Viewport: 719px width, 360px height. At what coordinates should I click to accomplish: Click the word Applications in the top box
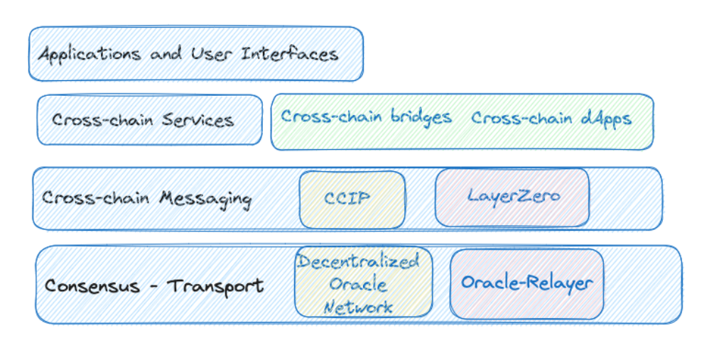[90, 55]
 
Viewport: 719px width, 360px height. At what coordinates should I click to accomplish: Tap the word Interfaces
[290, 53]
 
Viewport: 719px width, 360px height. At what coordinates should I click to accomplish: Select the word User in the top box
[212, 54]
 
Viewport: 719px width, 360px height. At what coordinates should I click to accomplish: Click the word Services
[198, 120]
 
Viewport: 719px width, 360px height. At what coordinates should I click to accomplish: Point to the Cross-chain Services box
[149, 120]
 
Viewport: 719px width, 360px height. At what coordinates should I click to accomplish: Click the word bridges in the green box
[421, 117]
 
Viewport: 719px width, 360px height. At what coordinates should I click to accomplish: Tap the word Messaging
[205, 200]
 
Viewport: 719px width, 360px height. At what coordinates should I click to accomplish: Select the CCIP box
[352, 200]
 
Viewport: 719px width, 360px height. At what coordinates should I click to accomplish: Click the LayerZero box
[512, 197]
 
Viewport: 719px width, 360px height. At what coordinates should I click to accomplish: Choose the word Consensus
[92, 286]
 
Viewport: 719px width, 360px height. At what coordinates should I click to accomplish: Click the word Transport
[215, 286]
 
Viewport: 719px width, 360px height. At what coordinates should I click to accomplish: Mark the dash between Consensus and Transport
[154, 287]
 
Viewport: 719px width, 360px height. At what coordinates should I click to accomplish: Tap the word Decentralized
[358, 261]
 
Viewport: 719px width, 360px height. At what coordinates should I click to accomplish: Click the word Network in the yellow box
[358, 307]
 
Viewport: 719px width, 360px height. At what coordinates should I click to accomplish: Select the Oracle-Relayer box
[527, 284]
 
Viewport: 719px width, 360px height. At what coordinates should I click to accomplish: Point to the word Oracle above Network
[358, 284]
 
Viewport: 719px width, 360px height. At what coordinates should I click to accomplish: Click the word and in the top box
[166, 54]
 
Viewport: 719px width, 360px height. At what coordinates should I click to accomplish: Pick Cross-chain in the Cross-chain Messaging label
[96, 198]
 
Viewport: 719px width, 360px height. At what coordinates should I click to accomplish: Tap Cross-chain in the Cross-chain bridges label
[332, 116]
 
